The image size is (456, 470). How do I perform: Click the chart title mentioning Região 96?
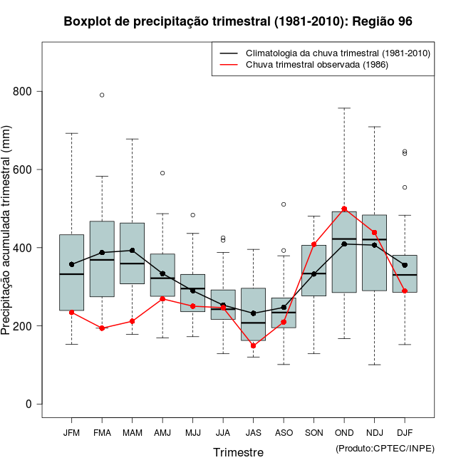pyautogui.click(x=238, y=21)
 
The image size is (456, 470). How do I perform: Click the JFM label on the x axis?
pyautogui.click(x=71, y=432)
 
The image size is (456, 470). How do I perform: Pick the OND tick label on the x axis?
pyautogui.click(x=344, y=432)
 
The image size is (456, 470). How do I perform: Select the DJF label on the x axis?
pyautogui.click(x=405, y=432)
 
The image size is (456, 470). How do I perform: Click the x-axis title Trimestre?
pyautogui.click(x=238, y=452)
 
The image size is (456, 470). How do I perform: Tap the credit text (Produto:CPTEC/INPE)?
pyautogui.click(x=385, y=448)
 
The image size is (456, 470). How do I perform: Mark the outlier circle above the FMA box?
pyautogui.click(x=102, y=95)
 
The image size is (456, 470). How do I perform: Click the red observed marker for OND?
pyautogui.click(x=344, y=209)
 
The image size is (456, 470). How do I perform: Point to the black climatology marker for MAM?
pyautogui.click(x=133, y=251)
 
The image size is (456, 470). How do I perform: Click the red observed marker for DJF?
pyautogui.click(x=405, y=291)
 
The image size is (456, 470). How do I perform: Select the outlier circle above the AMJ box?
pyautogui.click(x=162, y=173)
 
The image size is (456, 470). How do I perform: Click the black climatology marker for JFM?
pyautogui.click(x=72, y=264)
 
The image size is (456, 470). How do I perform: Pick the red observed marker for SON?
pyautogui.click(x=313, y=244)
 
